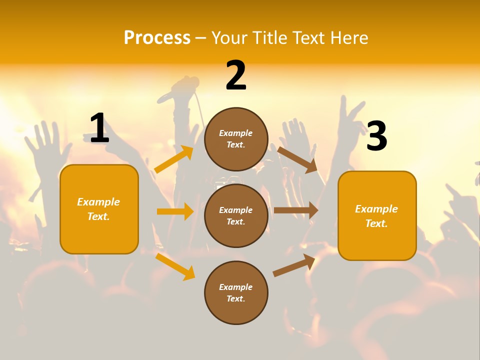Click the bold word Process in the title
[157, 37]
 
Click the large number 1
[99, 128]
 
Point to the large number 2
[236, 75]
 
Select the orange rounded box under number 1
[99, 209]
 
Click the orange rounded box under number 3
[377, 215]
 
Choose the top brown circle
[236, 139]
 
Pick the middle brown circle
[236, 215]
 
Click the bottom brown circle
[236, 292]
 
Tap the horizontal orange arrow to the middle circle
[175, 211]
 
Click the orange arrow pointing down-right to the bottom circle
[175, 266]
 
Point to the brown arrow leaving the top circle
[297, 159]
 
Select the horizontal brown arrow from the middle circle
[296, 210]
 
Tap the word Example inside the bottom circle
[236, 287]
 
